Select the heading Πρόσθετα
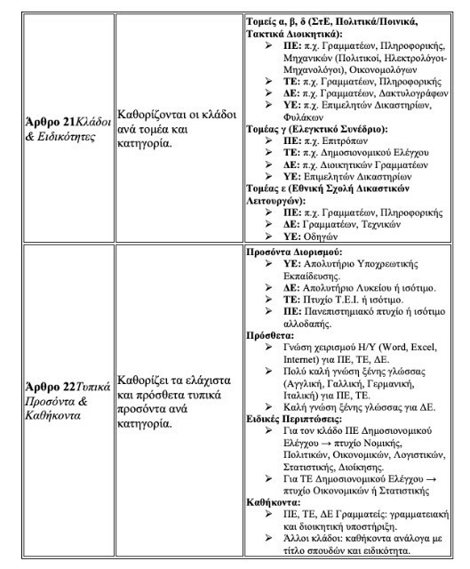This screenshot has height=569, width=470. point(270,335)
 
